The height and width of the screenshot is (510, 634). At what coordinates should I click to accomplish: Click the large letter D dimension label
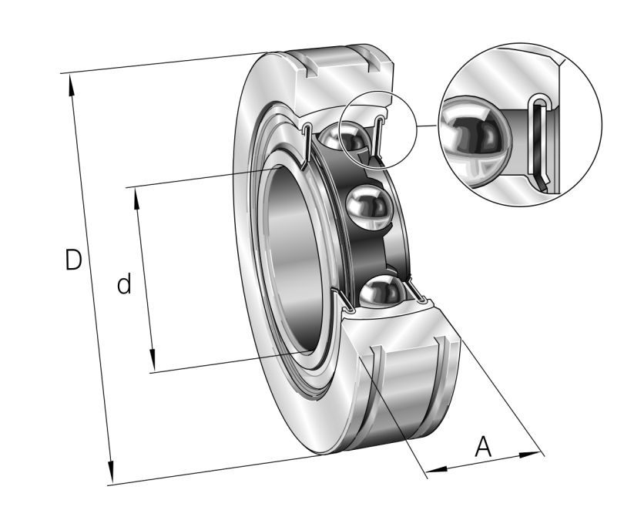pos(73,260)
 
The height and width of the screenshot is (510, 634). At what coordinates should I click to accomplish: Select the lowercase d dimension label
pos(123,285)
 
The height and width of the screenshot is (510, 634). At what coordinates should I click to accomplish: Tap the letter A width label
pos(483,446)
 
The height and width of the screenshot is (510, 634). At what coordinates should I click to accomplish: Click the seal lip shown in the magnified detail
pos(542,143)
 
